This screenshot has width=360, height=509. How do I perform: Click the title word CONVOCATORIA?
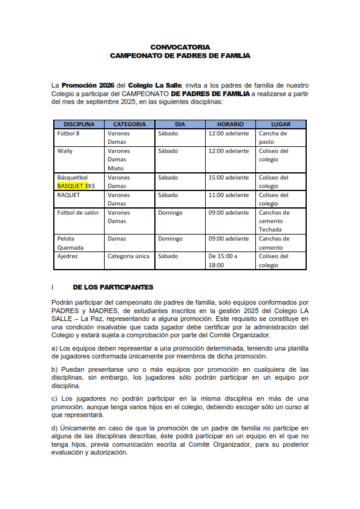point(180,47)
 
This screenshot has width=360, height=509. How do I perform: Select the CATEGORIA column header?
point(129,124)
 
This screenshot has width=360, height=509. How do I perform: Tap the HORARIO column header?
point(230,124)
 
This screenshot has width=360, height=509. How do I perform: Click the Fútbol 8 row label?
point(68,134)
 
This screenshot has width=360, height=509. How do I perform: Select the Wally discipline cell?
point(65,151)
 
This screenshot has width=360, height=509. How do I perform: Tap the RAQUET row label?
point(68,195)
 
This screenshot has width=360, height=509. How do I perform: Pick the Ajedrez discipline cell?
point(68,256)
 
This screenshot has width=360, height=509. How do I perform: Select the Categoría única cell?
point(128,256)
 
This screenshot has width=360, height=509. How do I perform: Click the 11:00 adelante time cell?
point(229,195)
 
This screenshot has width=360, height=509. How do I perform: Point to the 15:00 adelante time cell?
point(229,178)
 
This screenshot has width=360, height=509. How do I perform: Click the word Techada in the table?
point(270,230)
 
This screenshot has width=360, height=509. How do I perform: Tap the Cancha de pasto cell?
point(273,138)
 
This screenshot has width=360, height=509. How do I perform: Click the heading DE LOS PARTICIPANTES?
point(113,287)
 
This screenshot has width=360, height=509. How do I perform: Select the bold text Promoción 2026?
point(88,85)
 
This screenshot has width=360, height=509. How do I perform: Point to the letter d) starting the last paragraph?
point(55,429)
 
